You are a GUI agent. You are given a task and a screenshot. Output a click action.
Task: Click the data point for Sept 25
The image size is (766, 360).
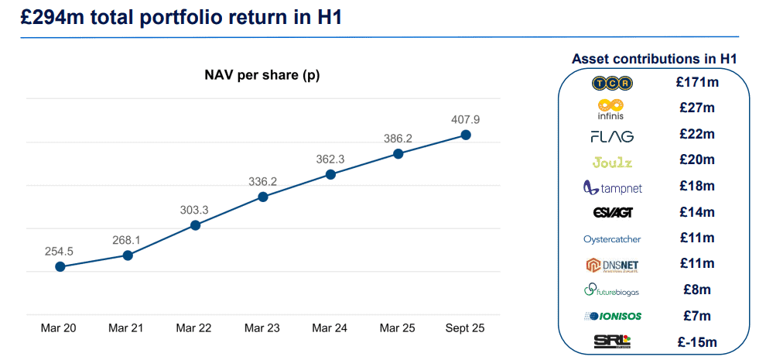click(x=466, y=135)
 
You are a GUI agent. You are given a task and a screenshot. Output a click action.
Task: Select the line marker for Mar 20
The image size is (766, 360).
click(x=60, y=267)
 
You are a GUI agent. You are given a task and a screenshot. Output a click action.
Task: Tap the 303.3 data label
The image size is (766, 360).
click(x=195, y=209)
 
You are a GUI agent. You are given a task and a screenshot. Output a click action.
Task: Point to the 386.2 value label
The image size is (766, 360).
click(x=398, y=138)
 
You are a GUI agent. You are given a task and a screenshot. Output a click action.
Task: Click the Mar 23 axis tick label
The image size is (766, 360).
click(x=262, y=328)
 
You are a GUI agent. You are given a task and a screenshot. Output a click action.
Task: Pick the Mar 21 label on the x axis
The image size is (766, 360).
click(x=127, y=328)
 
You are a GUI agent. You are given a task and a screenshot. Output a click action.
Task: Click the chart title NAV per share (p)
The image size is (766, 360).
click(x=262, y=75)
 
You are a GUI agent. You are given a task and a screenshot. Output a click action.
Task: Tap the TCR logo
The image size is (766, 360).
click(x=612, y=82)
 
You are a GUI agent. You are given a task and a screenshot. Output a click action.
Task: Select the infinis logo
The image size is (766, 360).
click(x=612, y=108)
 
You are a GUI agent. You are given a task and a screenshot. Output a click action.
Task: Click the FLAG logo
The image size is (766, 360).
click(x=612, y=136)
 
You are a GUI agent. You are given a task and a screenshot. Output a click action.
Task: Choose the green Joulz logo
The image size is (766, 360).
click(x=612, y=162)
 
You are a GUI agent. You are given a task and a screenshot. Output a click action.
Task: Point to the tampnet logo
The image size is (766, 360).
click(x=612, y=187)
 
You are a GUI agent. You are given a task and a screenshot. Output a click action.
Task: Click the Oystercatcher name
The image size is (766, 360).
click(x=612, y=239)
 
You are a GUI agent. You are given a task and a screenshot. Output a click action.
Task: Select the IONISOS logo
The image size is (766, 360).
click(x=612, y=316)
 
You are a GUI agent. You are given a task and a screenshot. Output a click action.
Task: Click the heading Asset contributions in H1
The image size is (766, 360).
click(x=654, y=59)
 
